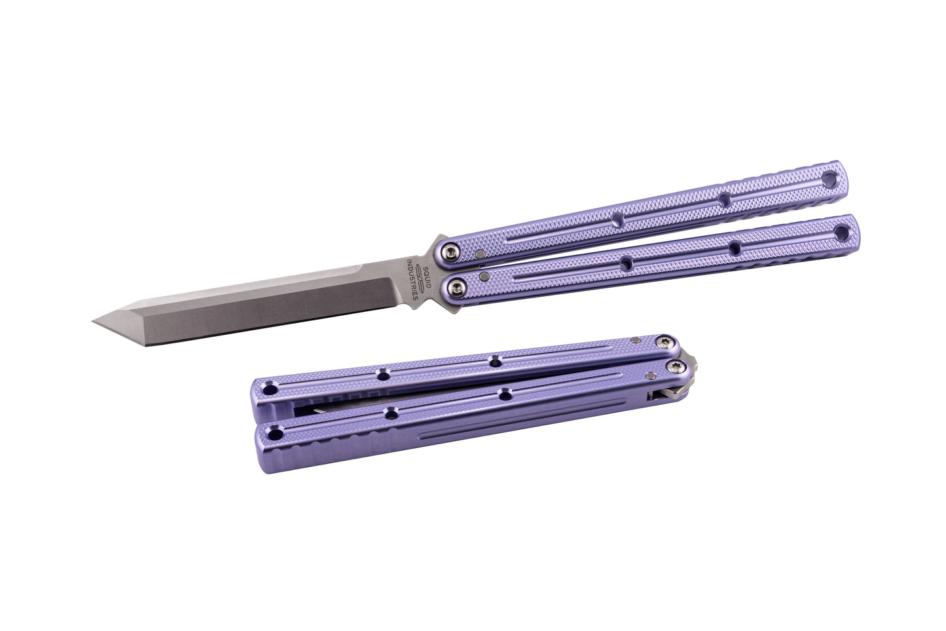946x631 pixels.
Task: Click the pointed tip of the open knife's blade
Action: tap(94, 322)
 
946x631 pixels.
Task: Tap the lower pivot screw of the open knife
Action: tap(456, 288)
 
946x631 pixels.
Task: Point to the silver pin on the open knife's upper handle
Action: tap(481, 254)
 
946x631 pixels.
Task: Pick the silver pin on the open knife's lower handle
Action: tap(485, 277)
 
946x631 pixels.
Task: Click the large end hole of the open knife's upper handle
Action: tap(831, 179)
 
